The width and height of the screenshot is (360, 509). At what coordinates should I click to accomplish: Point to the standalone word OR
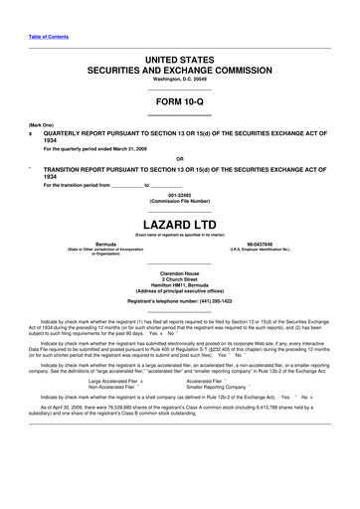click(179, 158)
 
